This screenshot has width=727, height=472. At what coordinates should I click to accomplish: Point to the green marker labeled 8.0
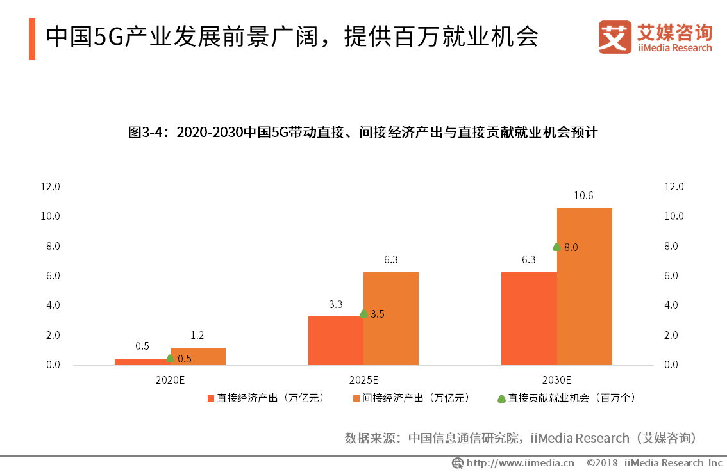coord(556,247)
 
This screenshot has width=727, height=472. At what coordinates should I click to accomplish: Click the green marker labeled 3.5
coord(363,313)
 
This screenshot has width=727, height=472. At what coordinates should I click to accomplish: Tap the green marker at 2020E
coord(171,358)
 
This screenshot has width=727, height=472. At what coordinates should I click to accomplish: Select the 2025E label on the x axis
coord(363,379)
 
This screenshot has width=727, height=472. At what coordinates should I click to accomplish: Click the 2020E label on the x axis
coord(170,379)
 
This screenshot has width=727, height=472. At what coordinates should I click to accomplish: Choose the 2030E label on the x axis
coord(556,379)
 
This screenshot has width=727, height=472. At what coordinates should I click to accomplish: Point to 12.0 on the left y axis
coord(50,186)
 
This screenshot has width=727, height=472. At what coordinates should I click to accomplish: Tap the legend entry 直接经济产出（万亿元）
coord(265,398)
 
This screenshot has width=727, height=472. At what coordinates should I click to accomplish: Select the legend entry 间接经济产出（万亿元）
coord(410,398)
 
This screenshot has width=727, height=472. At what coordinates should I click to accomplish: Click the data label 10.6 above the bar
coord(583,196)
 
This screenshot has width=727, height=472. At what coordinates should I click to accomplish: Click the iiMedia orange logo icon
coord(615,37)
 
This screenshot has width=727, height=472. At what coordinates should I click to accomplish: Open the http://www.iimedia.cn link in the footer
coord(519,462)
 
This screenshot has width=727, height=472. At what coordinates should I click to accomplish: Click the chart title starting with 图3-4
coord(363,133)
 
